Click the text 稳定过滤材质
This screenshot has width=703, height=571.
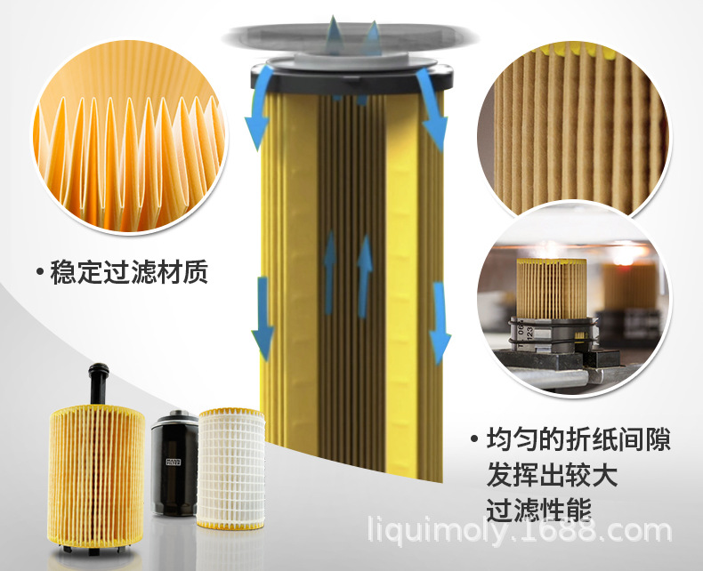click(129, 272)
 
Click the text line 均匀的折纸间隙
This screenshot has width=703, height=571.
click(578, 439)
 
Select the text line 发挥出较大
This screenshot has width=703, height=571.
click(552, 476)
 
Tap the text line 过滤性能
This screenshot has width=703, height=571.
click(539, 510)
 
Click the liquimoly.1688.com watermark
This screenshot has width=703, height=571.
click(519, 531)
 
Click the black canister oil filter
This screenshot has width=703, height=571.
click(174, 463)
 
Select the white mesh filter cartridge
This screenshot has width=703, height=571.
click(230, 469)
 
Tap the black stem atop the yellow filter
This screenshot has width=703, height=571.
click(99, 383)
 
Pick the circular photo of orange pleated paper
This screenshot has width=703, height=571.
click(130, 137)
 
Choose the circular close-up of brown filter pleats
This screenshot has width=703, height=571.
click(573, 130)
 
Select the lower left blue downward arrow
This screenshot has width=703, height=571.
click(263, 318)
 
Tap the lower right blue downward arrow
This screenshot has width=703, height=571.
click(440, 323)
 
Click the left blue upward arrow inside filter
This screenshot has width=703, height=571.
click(330, 272)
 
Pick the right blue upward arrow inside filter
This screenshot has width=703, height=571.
click(365, 276)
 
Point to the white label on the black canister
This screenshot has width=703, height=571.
click(173, 462)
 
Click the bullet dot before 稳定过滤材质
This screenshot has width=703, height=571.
click(40, 272)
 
